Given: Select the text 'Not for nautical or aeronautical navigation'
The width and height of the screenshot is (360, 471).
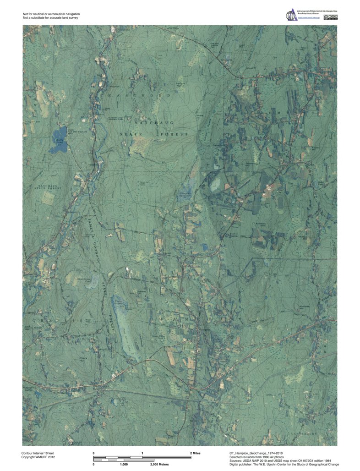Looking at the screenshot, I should pos(51,14).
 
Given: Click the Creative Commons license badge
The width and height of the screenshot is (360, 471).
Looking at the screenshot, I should pos(332,17).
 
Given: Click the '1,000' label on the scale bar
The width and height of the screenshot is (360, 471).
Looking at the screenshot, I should pos(124,464).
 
